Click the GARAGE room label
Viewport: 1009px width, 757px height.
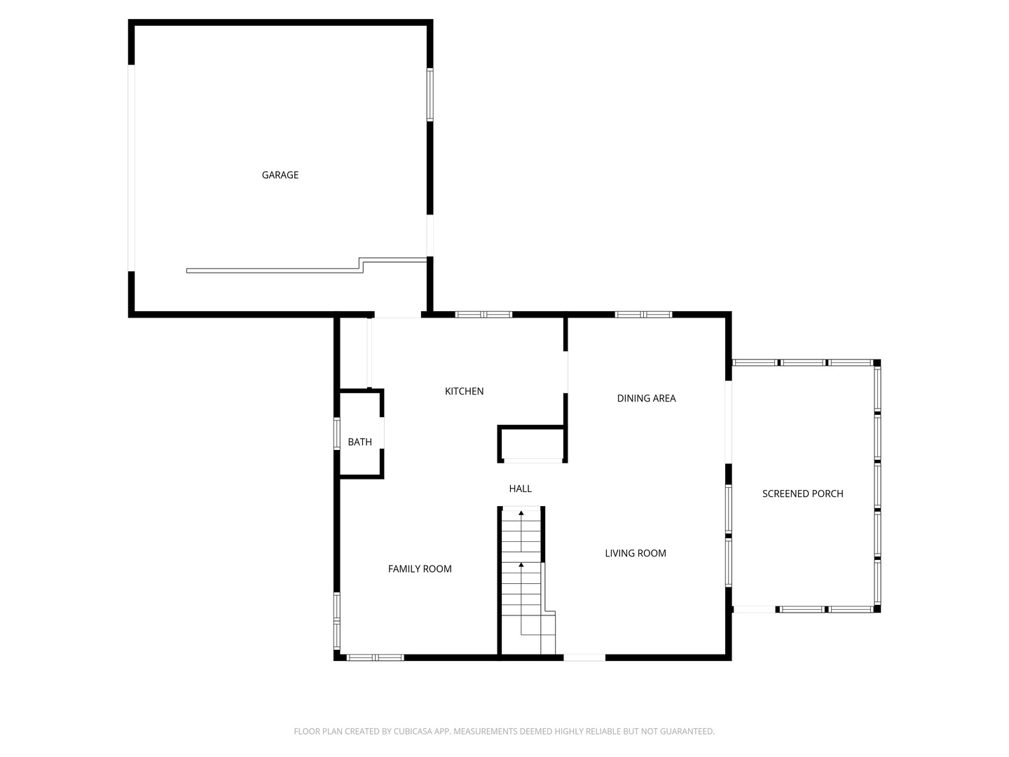coord(280,175)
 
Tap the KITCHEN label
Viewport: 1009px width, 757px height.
coord(464,391)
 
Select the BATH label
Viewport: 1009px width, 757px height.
coord(359,442)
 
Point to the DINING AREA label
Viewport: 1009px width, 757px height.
coord(646,398)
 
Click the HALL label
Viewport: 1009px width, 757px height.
coord(520,489)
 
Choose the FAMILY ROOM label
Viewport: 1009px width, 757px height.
coord(419,568)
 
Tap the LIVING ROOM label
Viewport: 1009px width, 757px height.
coord(636,553)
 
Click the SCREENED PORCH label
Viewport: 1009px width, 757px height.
coord(802,493)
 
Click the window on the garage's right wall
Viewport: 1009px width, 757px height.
coord(430,95)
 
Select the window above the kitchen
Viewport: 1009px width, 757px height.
coord(483,315)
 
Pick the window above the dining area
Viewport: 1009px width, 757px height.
coord(643,315)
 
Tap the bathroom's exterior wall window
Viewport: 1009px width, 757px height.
coord(336,433)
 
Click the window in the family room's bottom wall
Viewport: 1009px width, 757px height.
coord(375,657)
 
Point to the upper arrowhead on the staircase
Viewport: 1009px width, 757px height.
coord(521,512)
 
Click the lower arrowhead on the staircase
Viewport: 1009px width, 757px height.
coord(521,564)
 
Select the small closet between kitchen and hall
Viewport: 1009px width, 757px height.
coord(532,444)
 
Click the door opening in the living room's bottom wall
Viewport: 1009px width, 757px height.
coord(584,657)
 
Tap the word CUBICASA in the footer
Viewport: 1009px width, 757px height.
coord(413,731)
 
